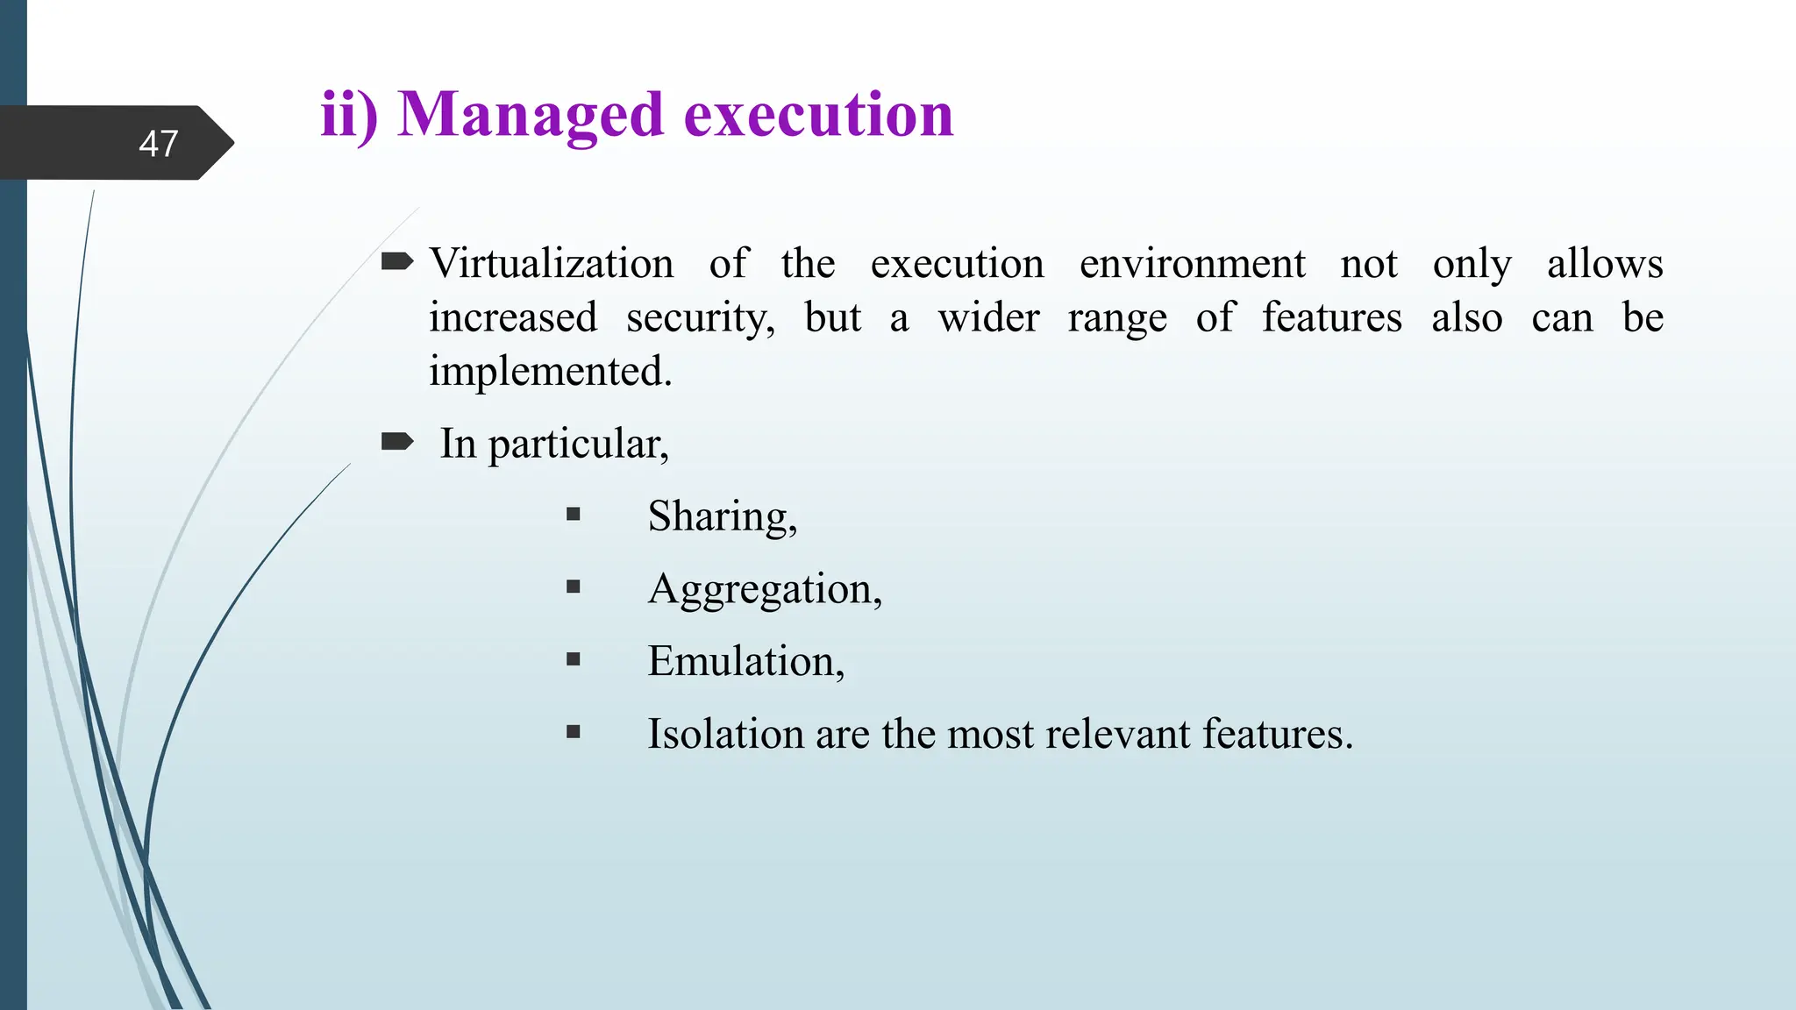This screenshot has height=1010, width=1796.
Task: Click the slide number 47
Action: coord(159,144)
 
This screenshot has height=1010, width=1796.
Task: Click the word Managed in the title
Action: coord(530,116)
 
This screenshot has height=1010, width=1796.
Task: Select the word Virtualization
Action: coord(552,264)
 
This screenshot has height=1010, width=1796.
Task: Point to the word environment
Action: coord(1192,264)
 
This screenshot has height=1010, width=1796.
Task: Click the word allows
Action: coord(1604,264)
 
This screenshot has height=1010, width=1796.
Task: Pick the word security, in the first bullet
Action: coord(700,318)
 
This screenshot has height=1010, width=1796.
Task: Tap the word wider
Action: coord(988,317)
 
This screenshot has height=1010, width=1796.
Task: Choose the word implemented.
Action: coord(550,372)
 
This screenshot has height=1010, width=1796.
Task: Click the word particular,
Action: coord(578,445)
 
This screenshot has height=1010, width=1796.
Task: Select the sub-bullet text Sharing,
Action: coord(722,516)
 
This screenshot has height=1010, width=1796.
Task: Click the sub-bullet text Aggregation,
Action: coord(764,589)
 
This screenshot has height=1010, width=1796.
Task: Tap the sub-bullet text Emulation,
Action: coord(745,661)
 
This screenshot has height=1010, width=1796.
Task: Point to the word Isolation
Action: coord(725,734)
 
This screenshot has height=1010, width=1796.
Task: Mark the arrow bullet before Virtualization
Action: coord(397,261)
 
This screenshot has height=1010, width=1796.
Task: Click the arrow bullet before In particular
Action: coord(397,441)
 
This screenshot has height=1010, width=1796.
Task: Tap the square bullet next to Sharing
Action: coord(574,515)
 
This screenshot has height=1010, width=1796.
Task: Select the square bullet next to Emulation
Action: coord(574,659)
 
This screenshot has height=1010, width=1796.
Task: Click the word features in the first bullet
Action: coord(1331,317)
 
